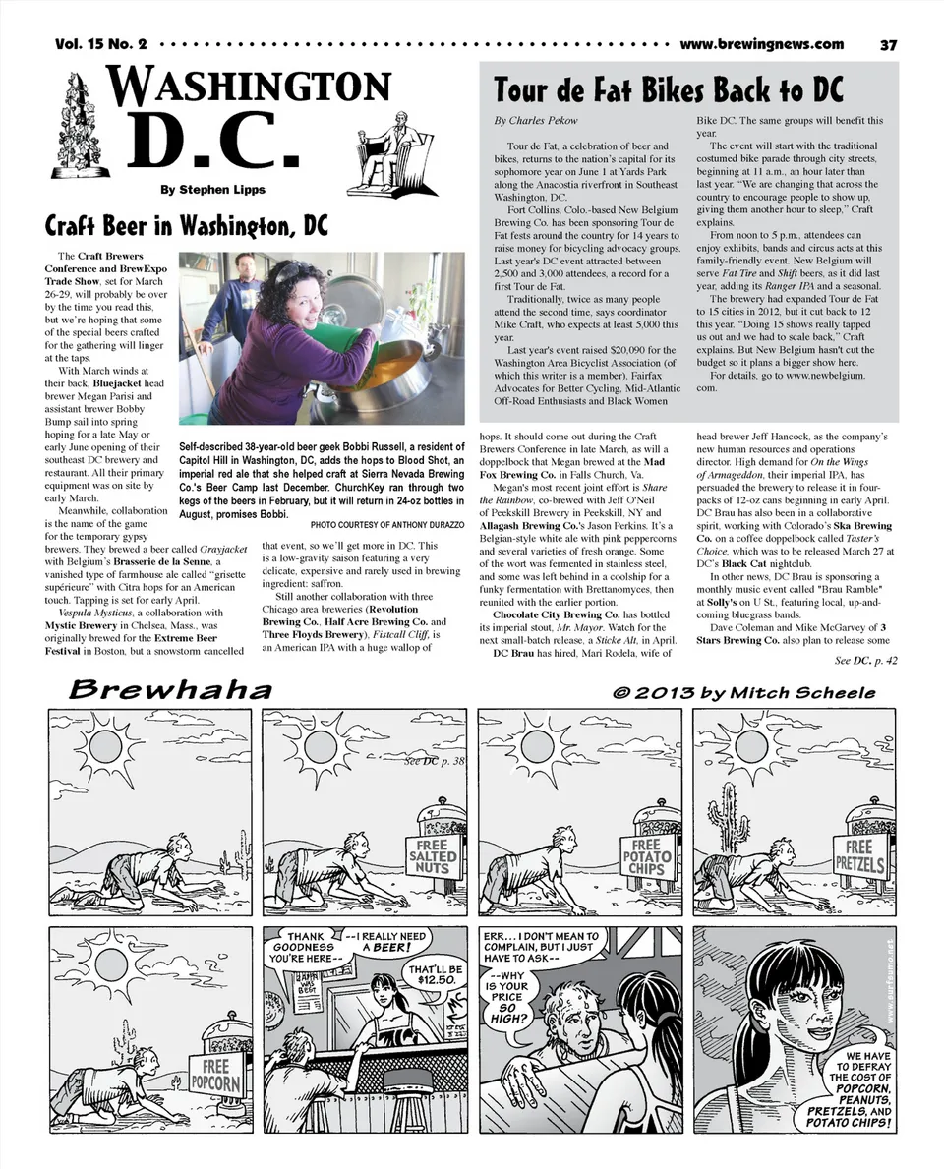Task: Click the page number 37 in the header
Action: [x=888, y=44]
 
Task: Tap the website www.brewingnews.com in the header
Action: [x=761, y=44]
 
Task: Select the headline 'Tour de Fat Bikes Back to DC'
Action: [x=669, y=90]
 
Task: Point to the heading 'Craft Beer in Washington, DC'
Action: [x=187, y=226]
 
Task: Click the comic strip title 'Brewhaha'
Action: [x=169, y=691]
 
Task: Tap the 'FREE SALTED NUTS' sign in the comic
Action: [x=433, y=854]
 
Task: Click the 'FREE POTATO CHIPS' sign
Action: [x=646, y=856]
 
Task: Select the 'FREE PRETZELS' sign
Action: [x=860, y=858]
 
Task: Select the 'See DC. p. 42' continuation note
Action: [x=865, y=661]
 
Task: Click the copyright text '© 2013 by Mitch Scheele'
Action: [x=743, y=692]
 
